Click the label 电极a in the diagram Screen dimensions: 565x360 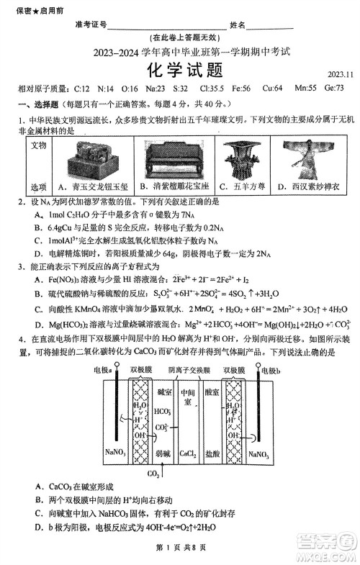pos(104,369)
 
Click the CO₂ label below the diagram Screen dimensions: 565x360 pos(153,474)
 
